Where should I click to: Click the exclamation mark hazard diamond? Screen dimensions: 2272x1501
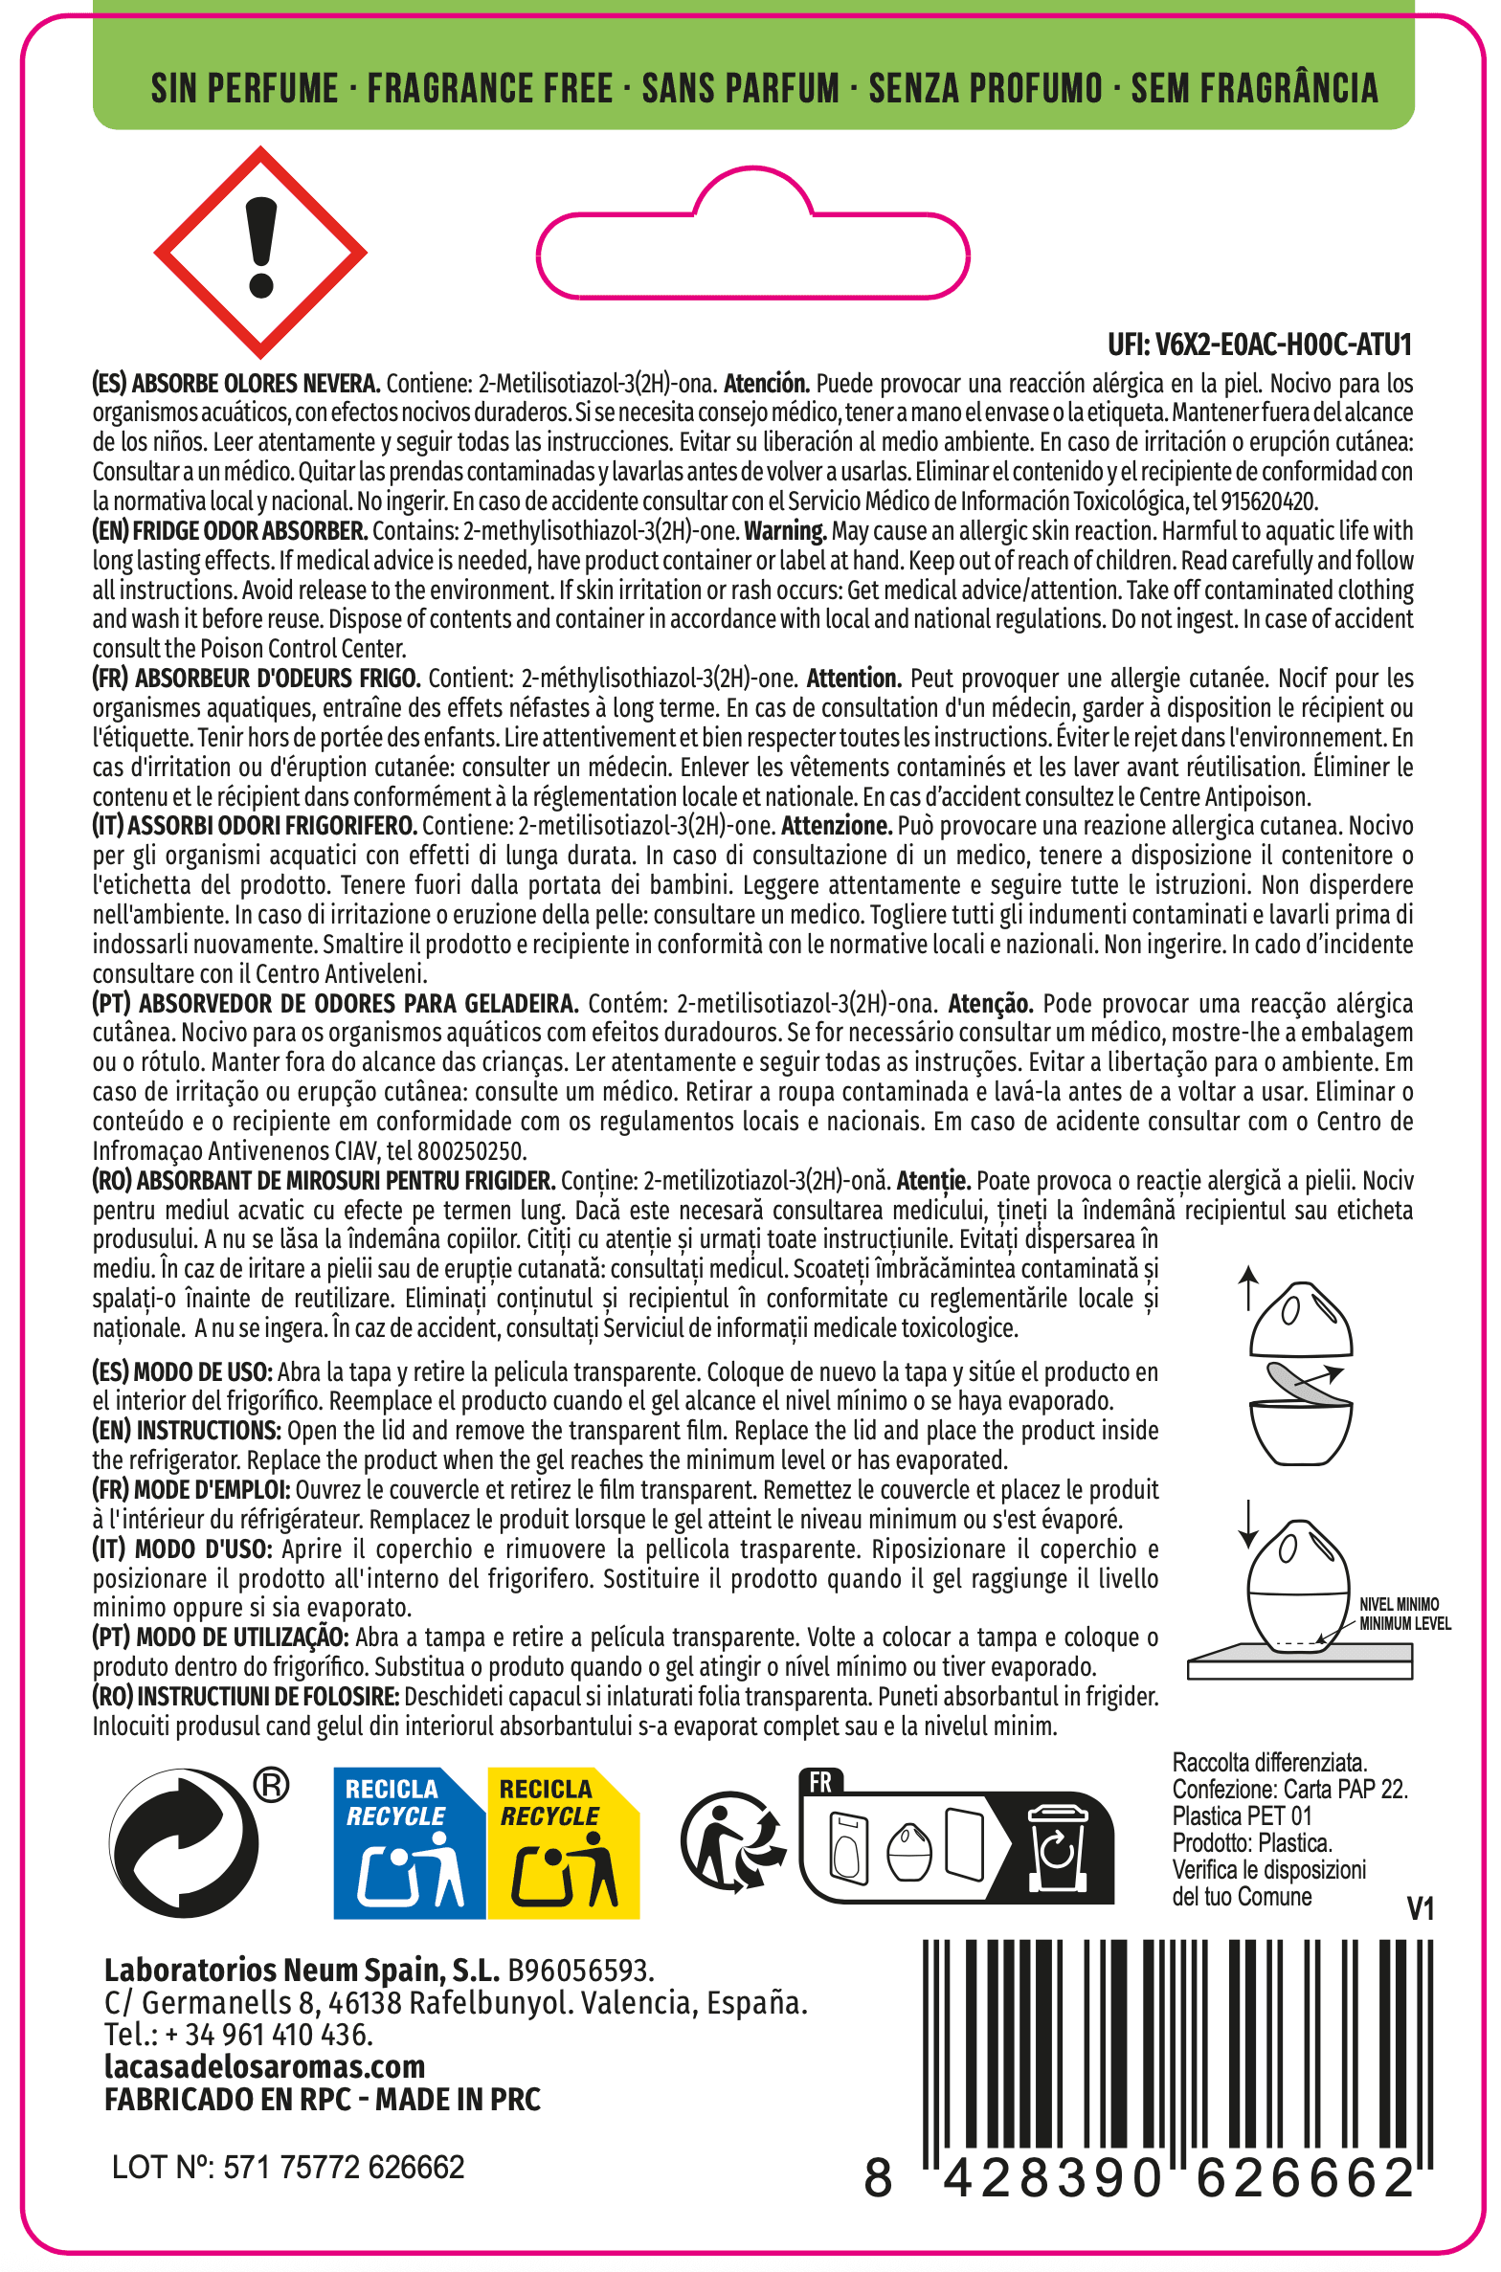tap(260, 253)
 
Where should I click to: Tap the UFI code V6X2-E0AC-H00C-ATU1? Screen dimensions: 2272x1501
tap(1259, 344)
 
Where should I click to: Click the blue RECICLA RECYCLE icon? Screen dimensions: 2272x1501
tap(409, 1842)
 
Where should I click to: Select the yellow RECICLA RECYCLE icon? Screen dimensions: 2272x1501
tap(563, 1842)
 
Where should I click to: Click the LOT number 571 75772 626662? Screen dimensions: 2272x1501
tap(288, 2167)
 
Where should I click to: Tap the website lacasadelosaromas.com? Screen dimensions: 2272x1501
tap(265, 2066)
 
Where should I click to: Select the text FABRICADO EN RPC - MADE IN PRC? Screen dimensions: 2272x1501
tap(323, 2100)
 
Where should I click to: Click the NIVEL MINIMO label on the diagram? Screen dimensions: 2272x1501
tap(1399, 1604)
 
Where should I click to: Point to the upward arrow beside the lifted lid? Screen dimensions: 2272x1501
tap(1247, 1287)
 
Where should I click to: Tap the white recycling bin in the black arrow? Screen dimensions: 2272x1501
tap(1056, 1847)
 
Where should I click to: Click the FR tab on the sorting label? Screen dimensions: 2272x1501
tap(820, 1782)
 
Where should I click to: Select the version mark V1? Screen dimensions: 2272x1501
tap(1420, 1909)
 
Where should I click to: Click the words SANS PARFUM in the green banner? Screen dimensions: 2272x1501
tap(740, 88)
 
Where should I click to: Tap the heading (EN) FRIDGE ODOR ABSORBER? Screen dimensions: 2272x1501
tap(231, 531)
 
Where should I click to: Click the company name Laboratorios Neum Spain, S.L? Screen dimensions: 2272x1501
tap(302, 1971)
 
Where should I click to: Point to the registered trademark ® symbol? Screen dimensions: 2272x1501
tap(272, 1786)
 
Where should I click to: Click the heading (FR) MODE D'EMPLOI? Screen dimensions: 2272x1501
tap(191, 1490)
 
